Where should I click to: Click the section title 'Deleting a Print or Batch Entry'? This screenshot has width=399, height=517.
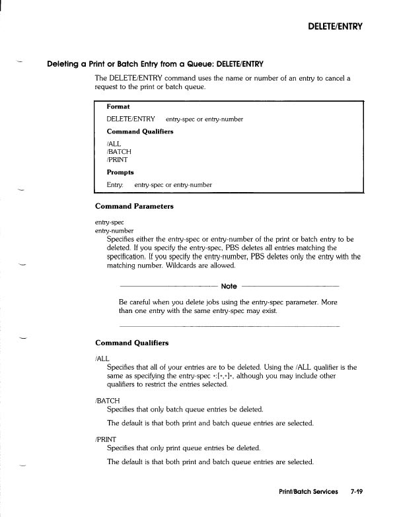pyautogui.click(x=155, y=64)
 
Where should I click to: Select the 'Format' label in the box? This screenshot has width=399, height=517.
pyautogui.click(x=118, y=106)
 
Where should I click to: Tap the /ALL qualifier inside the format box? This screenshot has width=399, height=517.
pyautogui.click(x=114, y=143)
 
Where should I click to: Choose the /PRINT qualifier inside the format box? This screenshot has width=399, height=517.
pyautogui.click(x=117, y=159)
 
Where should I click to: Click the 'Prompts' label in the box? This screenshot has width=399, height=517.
pyautogui.click(x=120, y=172)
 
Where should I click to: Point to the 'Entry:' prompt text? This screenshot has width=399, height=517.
pyautogui.click(x=115, y=185)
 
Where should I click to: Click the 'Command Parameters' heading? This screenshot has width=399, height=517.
pyautogui.click(x=134, y=206)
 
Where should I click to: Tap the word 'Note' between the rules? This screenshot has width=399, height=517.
pyautogui.click(x=229, y=287)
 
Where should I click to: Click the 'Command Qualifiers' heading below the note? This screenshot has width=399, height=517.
pyautogui.click(x=131, y=343)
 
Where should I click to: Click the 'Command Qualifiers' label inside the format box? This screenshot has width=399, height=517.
pyautogui.click(x=139, y=131)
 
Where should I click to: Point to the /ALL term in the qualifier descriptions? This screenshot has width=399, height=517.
pyautogui.click(x=102, y=358)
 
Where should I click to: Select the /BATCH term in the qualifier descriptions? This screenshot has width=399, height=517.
pyautogui.click(x=108, y=400)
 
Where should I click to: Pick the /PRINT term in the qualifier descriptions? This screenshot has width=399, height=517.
pyautogui.click(x=106, y=438)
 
